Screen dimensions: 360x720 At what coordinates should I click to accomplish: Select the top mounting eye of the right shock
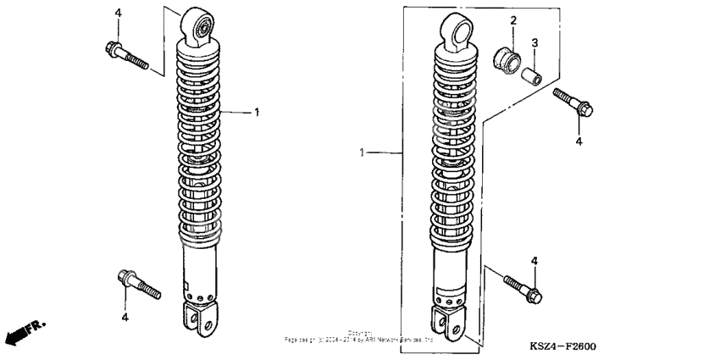pos(457,32)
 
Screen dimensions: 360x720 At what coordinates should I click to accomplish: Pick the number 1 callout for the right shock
pos(363,153)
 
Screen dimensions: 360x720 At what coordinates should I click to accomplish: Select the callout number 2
pos(512,19)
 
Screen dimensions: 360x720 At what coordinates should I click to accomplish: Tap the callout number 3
pos(534,42)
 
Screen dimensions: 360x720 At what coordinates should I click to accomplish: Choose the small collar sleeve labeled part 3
pos(529,77)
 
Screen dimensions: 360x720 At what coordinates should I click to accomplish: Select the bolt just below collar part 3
pos(573,102)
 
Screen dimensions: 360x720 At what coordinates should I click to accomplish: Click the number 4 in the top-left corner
pos(118,13)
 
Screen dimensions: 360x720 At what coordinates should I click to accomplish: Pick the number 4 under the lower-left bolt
pos(124,317)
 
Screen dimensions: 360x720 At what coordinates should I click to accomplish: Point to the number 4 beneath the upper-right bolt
pos(579,141)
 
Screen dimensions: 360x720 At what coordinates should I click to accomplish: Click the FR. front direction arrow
pos(25,333)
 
